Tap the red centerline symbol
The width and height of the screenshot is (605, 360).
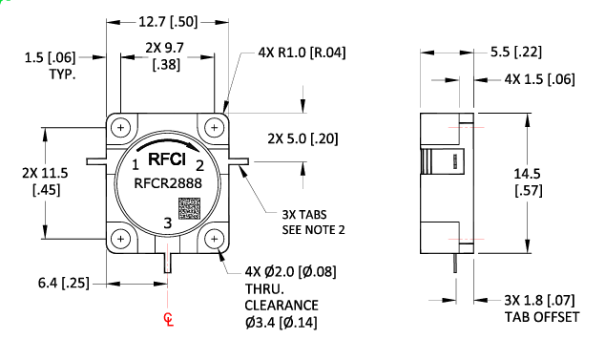(169, 318)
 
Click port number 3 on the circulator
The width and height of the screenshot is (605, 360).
(168, 222)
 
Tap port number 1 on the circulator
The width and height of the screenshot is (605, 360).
(136, 165)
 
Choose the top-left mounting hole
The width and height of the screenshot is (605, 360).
(121, 127)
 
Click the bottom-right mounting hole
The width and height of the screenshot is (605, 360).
(217, 238)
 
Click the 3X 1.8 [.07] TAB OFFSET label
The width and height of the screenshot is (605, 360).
(540, 309)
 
